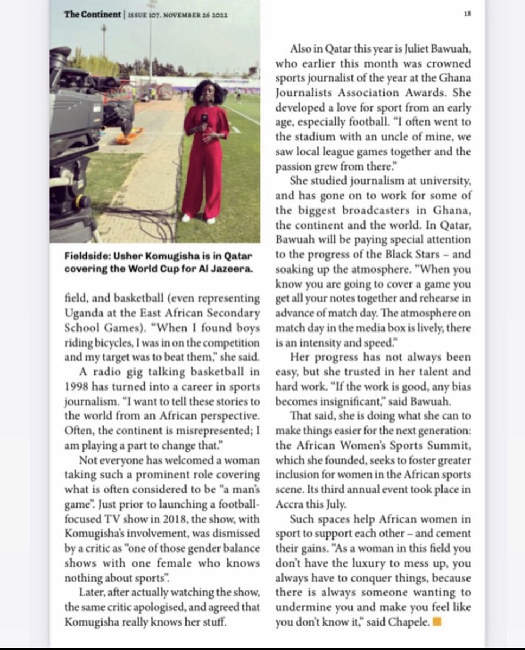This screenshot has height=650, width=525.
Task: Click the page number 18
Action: pyautogui.click(x=467, y=15)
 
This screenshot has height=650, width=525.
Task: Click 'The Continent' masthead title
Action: pyautogui.click(x=92, y=15)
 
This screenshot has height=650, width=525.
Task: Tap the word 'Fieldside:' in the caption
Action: pyautogui.click(x=85, y=255)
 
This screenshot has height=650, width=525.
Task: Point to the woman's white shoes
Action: pyautogui.click(x=198, y=219)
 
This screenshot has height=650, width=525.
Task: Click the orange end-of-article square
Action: pyautogui.click(x=438, y=622)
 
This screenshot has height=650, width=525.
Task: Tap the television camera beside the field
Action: pyautogui.click(x=81, y=125)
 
